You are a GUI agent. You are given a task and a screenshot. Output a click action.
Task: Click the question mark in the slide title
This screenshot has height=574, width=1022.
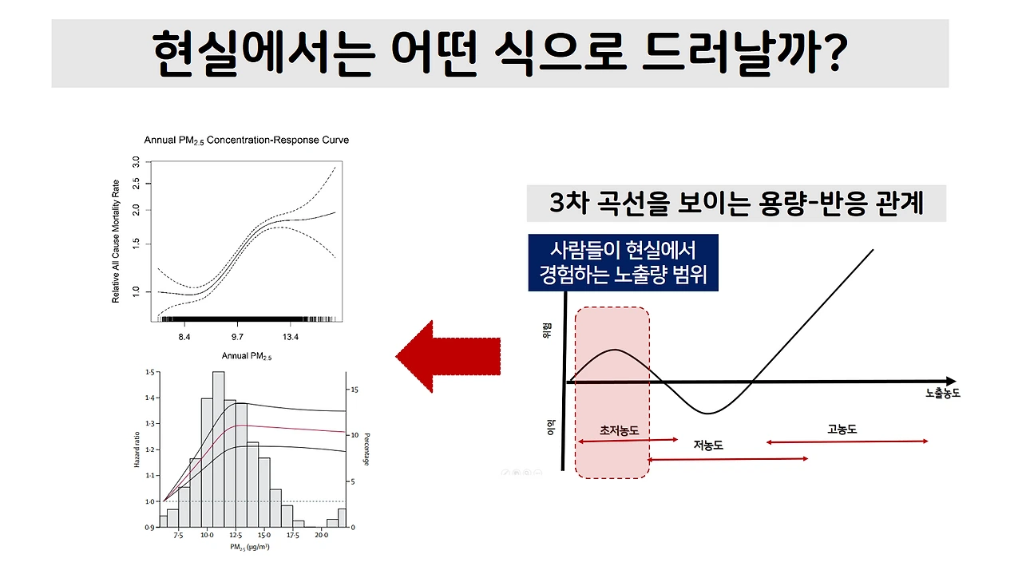pyautogui.click(x=830, y=53)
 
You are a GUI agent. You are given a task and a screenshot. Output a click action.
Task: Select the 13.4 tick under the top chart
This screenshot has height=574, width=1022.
pyautogui.click(x=291, y=337)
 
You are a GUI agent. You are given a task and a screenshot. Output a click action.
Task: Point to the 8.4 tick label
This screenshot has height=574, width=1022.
pyautogui.click(x=184, y=337)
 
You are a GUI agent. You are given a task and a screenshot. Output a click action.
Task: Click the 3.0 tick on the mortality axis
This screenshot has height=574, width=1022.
pyautogui.click(x=137, y=162)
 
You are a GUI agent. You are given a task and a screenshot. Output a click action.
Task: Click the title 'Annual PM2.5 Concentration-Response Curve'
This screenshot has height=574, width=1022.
pyautogui.click(x=246, y=141)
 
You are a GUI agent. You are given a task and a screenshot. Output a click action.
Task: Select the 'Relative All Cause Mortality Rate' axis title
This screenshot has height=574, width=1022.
pyautogui.click(x=116, y=240)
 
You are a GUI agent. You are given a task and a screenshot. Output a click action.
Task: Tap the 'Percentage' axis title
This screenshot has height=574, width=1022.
pyautogui.click(x=366, y=449)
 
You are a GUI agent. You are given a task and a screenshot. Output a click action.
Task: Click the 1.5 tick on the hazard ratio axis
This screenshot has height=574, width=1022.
pyautogui.click(x=149, y=373)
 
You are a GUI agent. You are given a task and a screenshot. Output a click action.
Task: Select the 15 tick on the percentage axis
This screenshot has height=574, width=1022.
pyautogui.click(x=355, y=390)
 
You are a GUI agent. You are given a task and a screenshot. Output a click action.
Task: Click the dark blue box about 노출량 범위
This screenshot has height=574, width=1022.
pyautogui.click(x=624, y=262)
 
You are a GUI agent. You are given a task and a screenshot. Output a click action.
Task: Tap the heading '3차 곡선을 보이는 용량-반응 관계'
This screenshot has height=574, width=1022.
pyautogui.click(x=736, y=204)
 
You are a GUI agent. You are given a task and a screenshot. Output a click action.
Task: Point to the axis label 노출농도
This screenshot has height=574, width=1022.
pyautogui.click(x=942, y=394)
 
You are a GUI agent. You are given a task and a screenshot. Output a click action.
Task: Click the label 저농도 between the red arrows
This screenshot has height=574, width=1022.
pyautogui.click(x=708, y=445)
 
